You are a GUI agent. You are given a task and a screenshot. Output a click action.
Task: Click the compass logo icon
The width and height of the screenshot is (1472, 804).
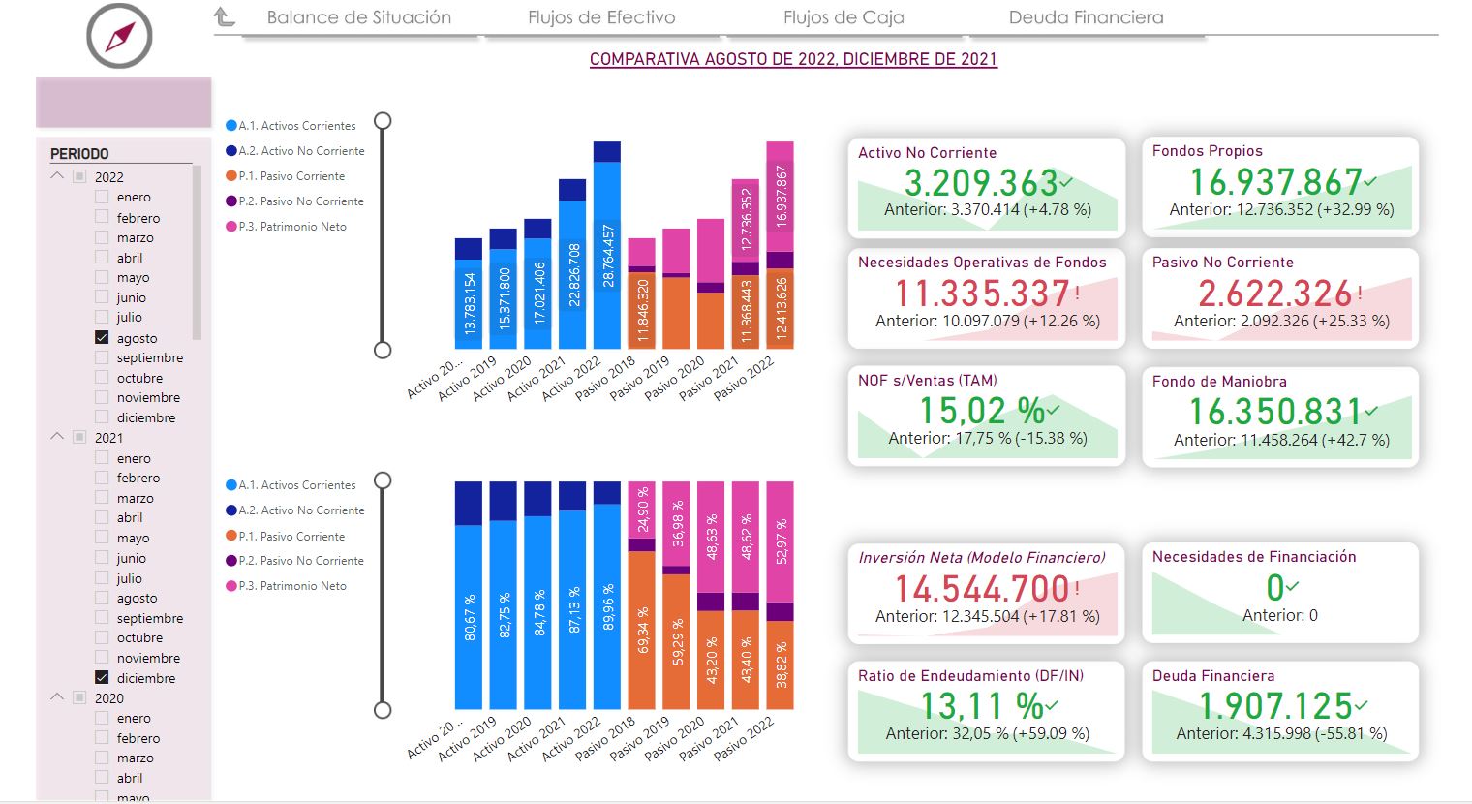[119, 36]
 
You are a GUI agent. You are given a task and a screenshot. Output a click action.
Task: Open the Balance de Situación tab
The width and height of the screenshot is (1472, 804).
[358, 17]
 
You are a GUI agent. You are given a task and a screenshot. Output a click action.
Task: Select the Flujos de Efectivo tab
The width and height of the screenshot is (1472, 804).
[601, 17]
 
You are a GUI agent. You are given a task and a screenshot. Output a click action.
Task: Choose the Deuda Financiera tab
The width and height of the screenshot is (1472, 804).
[1086, 17]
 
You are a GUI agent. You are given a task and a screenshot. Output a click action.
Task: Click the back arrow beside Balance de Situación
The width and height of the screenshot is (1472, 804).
[225, 16]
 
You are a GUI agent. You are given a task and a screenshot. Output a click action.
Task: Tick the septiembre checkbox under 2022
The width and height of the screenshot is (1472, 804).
[102, 357]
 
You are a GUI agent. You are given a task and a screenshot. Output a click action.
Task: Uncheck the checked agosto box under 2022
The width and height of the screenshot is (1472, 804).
[102, 338]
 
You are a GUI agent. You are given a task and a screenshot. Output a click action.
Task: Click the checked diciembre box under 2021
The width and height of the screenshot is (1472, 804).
[102, 678]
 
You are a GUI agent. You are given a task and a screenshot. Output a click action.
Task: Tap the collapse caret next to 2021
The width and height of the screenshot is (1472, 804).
[57, 437]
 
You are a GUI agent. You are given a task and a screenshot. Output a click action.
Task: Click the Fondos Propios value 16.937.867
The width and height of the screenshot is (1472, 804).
[1275, 182]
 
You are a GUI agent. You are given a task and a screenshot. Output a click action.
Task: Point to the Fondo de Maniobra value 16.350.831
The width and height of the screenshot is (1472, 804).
[1275, 412]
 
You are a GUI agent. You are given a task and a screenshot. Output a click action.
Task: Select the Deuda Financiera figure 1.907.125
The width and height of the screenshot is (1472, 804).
[1275, 705]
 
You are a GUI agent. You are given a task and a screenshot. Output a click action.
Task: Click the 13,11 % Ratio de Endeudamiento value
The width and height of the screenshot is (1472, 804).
[981, 705]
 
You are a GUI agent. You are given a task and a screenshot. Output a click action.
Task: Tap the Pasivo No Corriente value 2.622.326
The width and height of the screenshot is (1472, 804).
[1274, 294]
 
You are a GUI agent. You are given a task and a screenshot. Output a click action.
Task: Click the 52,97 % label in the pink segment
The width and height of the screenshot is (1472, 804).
[781, 541]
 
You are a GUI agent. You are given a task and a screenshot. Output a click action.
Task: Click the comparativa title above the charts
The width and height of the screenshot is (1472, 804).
[793, 59]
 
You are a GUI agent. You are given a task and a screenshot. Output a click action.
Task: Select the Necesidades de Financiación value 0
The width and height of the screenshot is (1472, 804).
[1274, 587]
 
